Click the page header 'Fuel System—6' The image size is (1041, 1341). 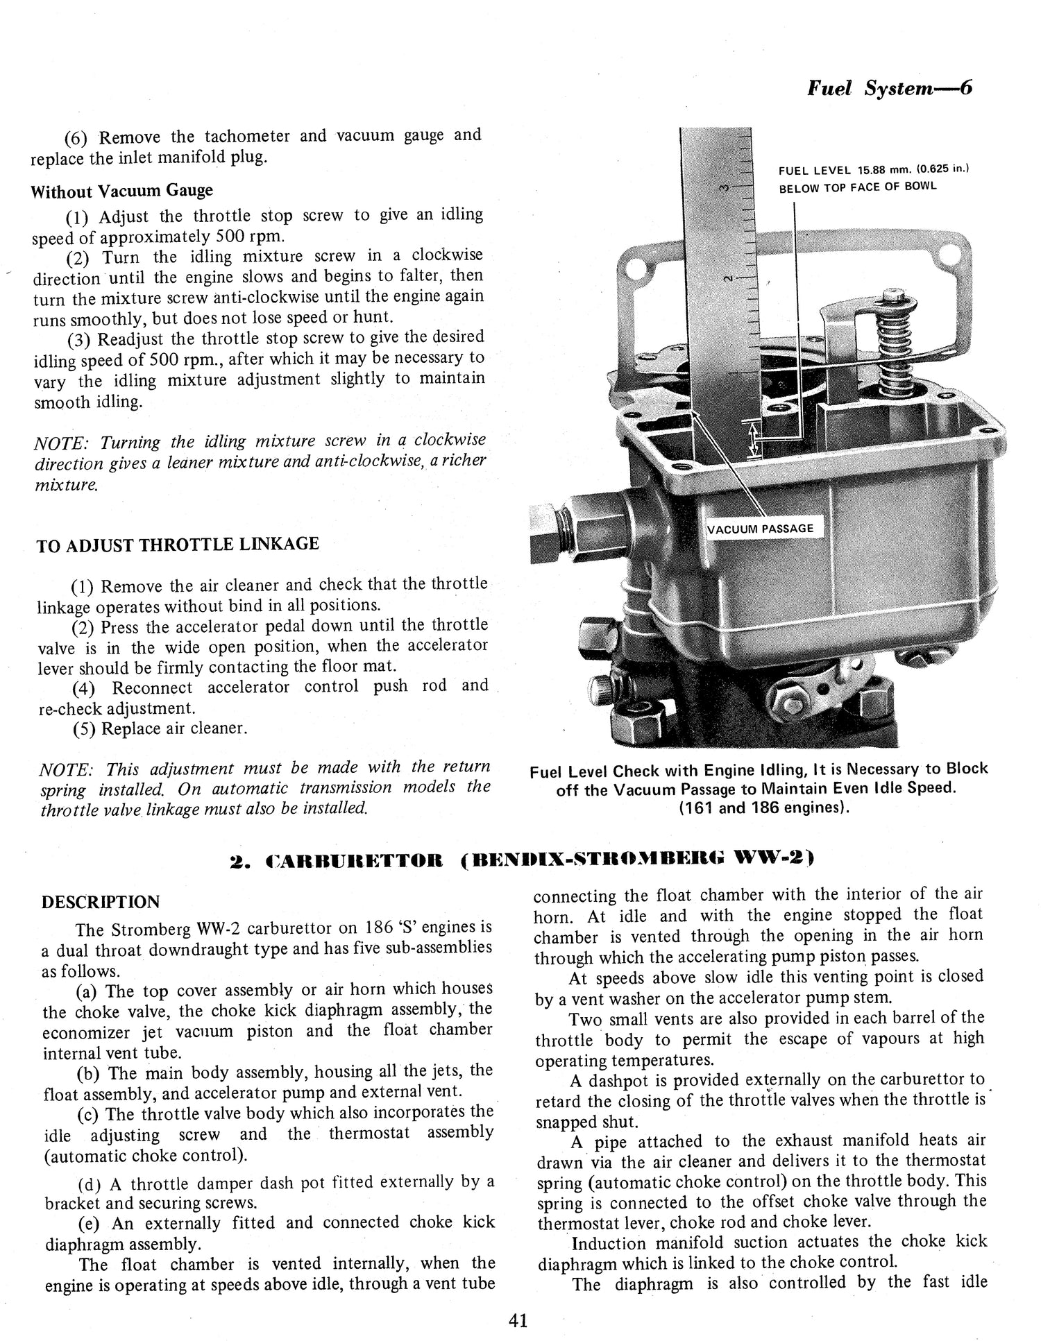pyautogui.click(x=890, y=89)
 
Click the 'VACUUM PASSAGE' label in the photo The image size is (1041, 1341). pyautogui.click(x=760, y=529)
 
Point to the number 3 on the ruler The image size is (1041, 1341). pyautogui.click(x=724, y=187)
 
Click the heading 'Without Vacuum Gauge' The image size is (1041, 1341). pyautogui.click(x=121, y=191)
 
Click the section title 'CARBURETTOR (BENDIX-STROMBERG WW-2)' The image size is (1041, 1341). pyautogui.click(x=521, y=861)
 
